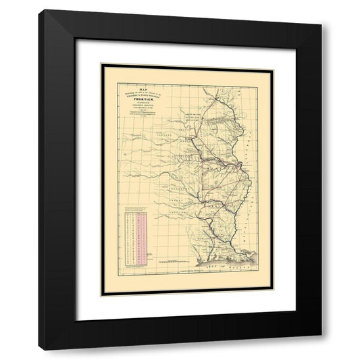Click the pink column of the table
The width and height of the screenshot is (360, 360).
[x=143, y=236]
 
